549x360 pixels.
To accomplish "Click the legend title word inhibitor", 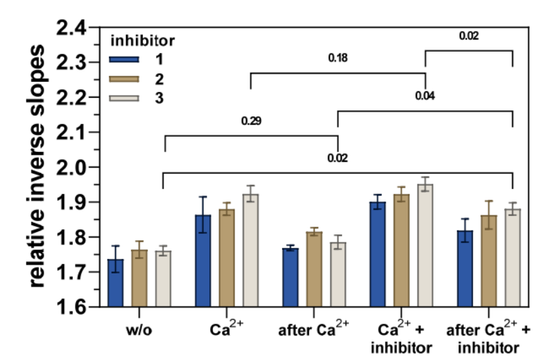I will tap(142, 40).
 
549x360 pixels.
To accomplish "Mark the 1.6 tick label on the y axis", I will tap(73, 307).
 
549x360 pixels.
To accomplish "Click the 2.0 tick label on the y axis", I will tap(73, 168).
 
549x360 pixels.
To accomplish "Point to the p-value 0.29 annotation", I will tap(251, 122).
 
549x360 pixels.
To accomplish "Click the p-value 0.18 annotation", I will tap(338, 58).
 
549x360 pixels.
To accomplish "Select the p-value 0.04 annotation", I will tap(425, 96).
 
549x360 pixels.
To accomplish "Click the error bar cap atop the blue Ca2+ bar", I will tap(203, 197).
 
